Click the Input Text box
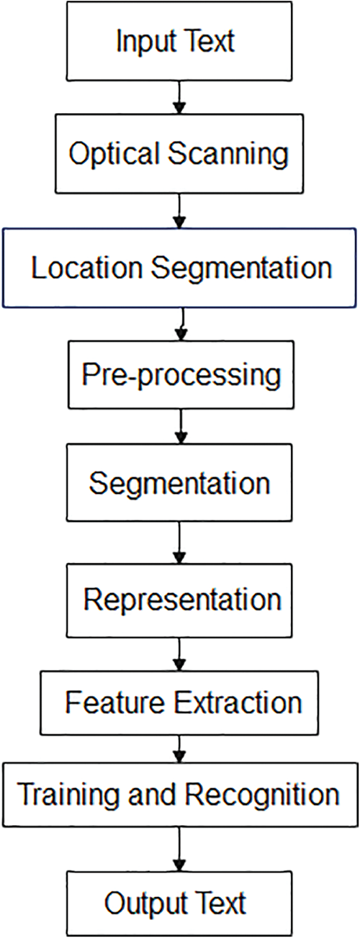click(x=176, y=40)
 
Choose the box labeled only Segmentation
click(x=179, y=482)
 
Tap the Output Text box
click(x=176, y=901)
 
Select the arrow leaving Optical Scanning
click(x=180, y=209)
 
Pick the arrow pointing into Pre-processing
click(x=181, y=324)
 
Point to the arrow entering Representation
click(x=179, y=541)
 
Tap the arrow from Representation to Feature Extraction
click(x=179, y=654)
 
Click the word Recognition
click(x=261, y=795)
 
